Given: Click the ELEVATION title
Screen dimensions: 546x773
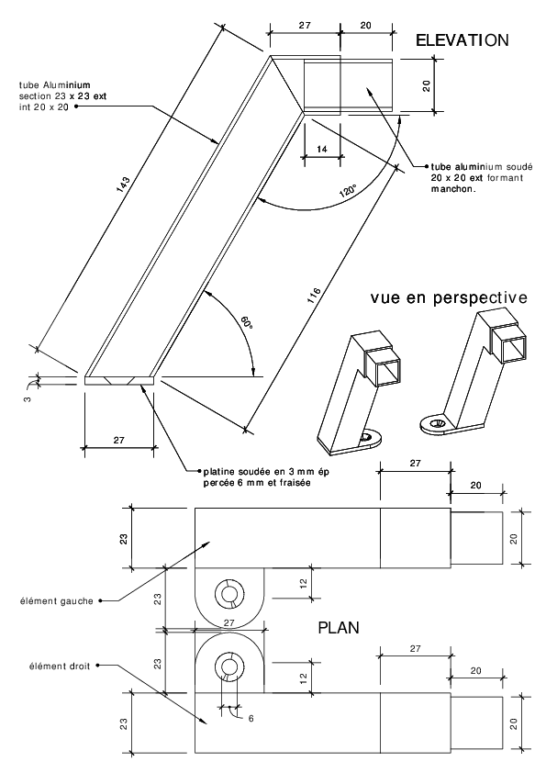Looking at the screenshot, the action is point(462,39).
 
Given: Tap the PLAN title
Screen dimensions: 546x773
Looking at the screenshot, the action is point(339,628).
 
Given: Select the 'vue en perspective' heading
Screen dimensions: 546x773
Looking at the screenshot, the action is point(449,297).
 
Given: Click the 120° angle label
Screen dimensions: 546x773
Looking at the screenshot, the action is point(349,191).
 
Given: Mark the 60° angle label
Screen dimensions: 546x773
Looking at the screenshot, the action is point(248,322).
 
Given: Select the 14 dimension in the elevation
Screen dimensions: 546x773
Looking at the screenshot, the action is point(322,149).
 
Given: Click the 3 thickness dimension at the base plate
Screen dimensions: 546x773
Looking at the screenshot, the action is point(28,398).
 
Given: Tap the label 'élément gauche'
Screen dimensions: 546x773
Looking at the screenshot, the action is point(56,601).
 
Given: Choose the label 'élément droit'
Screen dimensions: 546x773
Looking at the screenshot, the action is point(59,666).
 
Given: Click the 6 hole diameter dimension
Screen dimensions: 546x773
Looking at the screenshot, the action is point(251,718).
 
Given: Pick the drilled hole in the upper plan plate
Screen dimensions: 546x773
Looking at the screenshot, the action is point(228,592).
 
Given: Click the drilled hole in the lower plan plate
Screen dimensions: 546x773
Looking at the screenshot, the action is point(228,666).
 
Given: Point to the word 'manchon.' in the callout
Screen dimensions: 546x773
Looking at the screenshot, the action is point(453,189).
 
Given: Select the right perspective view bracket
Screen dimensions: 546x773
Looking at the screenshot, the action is point(474,372).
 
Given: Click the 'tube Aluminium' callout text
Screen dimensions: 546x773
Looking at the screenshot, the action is point(55,85).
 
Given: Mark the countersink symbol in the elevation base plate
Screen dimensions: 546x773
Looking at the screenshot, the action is point(118,381).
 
